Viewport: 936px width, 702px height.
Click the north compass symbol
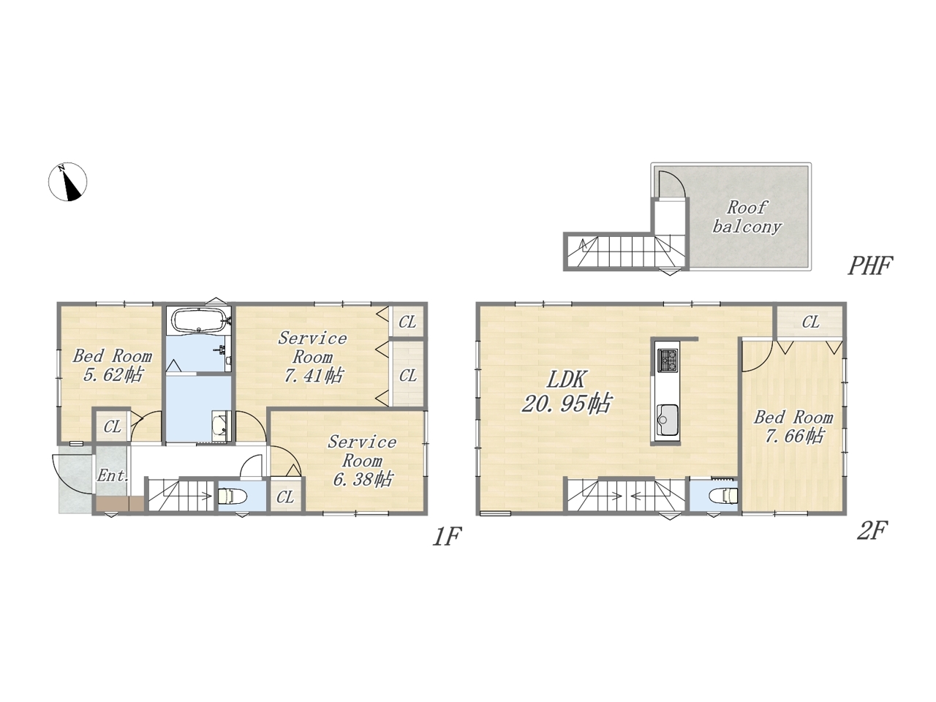click(67, 181)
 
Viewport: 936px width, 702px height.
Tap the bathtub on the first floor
click(199, 320)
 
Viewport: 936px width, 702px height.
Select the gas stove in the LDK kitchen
click(668, 361)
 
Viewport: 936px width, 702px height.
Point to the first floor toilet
click(233, 496)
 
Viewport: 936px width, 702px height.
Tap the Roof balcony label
click(747, 217)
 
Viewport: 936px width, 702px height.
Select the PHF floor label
click(870, 265)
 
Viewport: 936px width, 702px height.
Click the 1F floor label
click(447, 536)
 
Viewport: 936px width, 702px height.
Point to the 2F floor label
click(873, 531)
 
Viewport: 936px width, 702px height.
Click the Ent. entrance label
click(113, 475)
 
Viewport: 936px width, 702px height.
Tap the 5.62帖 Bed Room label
click(112, 366)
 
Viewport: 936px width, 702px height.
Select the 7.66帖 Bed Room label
click(793, 426)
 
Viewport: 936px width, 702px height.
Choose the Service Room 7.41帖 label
click(312, 357)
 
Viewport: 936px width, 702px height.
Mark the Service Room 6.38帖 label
click(362, 461)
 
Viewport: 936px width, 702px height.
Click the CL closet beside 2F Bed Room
click(810, 322)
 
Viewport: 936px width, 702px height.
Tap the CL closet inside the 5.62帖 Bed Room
click(112, 426)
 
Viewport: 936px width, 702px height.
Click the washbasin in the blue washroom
click(220, 426)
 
